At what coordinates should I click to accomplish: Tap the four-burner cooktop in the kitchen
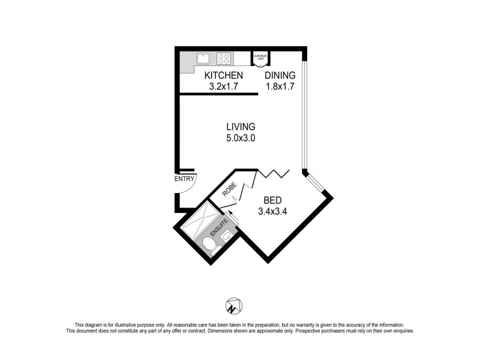[x=224, y=59]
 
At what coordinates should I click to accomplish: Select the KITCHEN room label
[x=223, y=75]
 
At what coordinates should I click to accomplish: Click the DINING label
[x=281, y=75]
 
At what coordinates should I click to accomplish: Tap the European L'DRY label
[x=260, y=57]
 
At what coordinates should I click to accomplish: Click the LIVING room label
[x=241, y=127]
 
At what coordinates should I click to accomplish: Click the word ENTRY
[x=184, y=179]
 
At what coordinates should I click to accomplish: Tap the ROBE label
[x=230, y=190]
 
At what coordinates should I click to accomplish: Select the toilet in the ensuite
[x=208, y=245]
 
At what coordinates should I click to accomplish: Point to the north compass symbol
[x=233, y=306]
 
